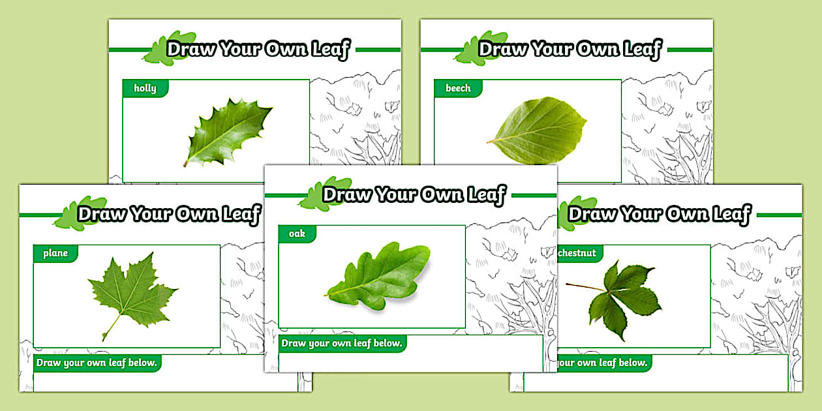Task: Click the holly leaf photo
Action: (x=228, y=134)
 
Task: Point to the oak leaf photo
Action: (x=378, y=275)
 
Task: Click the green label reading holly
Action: (x=145, y=88)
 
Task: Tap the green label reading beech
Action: (x=458, y=88)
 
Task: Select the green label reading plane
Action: (x=55, y=253)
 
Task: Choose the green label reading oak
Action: (x=297, y=234)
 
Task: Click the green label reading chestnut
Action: (x=577, y=253)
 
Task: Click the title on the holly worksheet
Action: (x=258, y=50)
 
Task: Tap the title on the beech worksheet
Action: (x=570, y=50)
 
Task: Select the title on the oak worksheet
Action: (x=414, y=194)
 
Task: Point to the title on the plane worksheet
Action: (x=169, y=214)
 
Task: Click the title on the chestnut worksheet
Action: (x=660, y=214)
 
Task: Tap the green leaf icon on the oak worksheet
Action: (x=315, y=195)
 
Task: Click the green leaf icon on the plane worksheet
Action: (x=80, y=214)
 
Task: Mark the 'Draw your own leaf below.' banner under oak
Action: (x=342, y=343)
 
